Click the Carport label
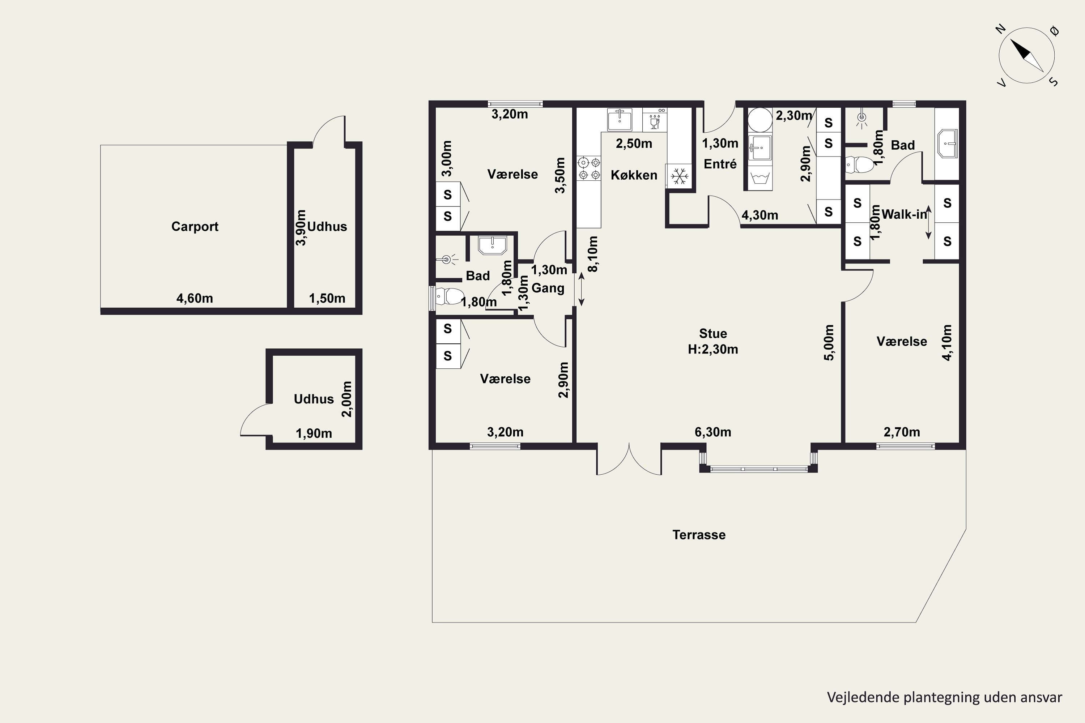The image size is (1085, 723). point(195,226)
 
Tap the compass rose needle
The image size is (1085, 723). point(1027,55)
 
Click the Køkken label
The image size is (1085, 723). point(634,175)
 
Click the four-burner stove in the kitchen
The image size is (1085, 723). point(589,168)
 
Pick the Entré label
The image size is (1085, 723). point(720,164)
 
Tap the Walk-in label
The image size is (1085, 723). point(904,214)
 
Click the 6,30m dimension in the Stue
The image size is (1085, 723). point(713,432)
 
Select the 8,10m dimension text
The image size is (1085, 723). point(593,254)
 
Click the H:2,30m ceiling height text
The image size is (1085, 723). point(713,350)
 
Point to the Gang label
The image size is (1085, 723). point(548,288)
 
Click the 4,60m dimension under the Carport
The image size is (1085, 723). point(195,298)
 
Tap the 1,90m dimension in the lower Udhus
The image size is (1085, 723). point(314,433)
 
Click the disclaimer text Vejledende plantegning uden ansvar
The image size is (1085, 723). point(944,698)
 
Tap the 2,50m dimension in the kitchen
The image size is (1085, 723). point(634,144)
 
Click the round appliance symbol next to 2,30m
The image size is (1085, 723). point(760,120)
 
